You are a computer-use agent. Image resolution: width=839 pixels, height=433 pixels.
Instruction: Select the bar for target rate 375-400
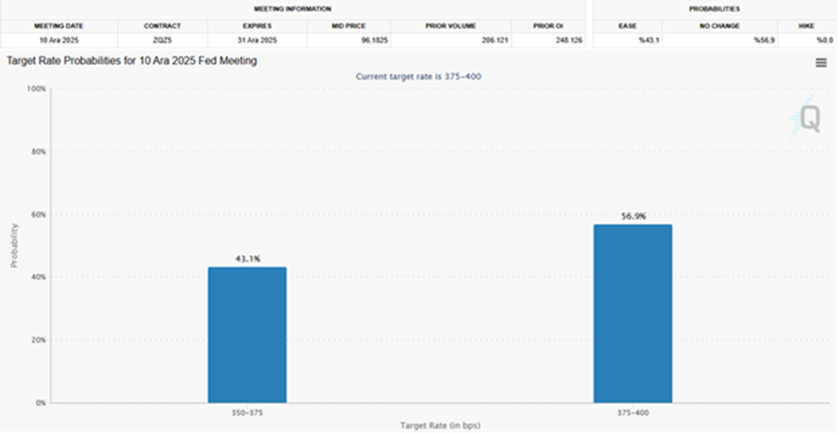click(632, 313)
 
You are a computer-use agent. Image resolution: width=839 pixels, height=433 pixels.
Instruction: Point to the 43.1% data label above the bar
click(247, 258)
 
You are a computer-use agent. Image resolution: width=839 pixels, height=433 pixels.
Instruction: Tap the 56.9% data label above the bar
click(632, 216)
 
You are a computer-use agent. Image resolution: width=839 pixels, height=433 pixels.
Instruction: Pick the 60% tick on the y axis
click(37, 214)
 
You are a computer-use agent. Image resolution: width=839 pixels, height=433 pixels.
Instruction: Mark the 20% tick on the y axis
click(37, 340)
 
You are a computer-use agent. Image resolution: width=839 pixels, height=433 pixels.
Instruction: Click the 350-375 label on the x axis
click(247, 412)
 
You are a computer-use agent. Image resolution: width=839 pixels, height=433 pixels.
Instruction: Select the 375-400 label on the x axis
click(632, 412)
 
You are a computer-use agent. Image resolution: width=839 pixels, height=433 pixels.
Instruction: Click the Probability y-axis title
click(14, 245)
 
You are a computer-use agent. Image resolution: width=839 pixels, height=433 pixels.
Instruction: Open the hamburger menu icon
click(822, 62)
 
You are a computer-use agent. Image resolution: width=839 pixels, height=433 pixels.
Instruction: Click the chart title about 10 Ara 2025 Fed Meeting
click(132, 61)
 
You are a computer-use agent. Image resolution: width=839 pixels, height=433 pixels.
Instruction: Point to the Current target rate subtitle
click(418, 77)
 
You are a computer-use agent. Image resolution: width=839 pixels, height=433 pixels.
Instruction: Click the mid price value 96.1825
click(349, 40)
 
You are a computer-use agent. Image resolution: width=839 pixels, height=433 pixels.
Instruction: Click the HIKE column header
click(805, 26)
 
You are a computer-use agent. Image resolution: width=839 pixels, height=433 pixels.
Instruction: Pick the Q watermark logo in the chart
click(808, 119)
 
